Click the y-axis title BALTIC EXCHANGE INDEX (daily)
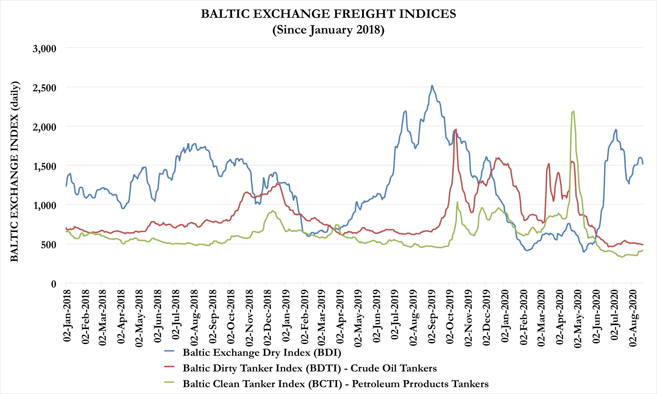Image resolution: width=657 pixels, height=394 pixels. (x=14, y=171)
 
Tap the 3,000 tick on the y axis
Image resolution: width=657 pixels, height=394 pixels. (x=45, y=49)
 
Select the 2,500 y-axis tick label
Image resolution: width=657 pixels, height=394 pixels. (x=45, y=88)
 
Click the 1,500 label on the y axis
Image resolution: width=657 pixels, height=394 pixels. (x=45, y=167)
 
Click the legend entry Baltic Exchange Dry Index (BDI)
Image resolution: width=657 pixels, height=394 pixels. (x=262, y=353)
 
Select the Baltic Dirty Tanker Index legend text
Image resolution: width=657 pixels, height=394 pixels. (x=309, y=368)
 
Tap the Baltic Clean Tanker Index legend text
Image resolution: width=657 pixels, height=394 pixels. (x=335, y=384)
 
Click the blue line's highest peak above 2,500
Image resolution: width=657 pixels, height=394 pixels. (x=432, y=86)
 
